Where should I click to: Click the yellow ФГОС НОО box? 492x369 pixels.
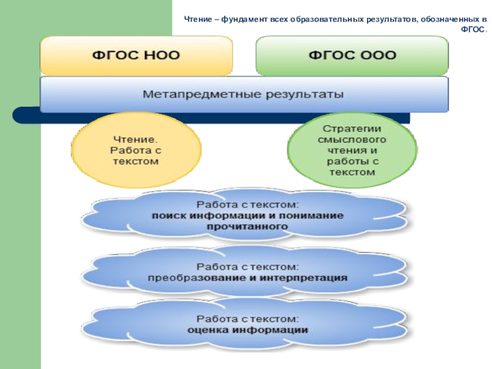coord(136,55)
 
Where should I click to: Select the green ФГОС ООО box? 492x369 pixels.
coord(351,55)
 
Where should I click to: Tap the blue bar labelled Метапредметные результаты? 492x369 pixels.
coord(244,95)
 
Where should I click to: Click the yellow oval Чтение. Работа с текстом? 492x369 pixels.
coord(136,149)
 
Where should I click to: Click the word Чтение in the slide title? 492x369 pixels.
coord(199,19)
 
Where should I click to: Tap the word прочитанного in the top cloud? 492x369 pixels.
coord(247,226)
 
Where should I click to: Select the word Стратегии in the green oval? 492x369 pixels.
coord(352,129)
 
